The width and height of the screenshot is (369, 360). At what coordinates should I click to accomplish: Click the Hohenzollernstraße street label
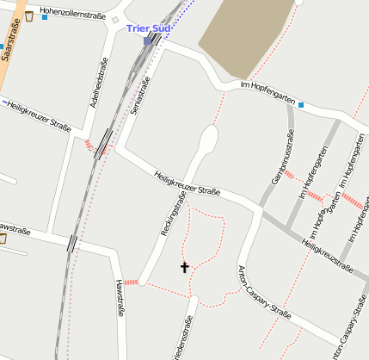(x=78, y=16)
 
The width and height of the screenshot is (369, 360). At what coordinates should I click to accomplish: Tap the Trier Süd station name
(x=148, y=28)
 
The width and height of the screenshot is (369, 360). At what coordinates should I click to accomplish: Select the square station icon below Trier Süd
(x=148, y=40)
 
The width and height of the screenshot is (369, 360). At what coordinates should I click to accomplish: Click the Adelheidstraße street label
(x=97, y=89)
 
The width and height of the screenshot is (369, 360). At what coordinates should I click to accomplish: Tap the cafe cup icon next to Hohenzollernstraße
(x=29, y=16)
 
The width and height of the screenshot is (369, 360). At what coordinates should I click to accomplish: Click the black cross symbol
(x=184, y=267)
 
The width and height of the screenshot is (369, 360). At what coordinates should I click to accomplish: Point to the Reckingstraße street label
(x=174, y=214)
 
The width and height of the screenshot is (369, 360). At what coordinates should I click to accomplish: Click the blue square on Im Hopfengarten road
(x=301, y=105)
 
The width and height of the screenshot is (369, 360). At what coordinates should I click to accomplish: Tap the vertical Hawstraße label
(x=120, y=298)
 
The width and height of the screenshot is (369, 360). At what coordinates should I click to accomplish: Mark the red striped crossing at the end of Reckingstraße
(x=131, y=282)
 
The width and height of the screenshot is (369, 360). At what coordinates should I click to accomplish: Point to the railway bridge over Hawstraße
(x=73, y=244)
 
